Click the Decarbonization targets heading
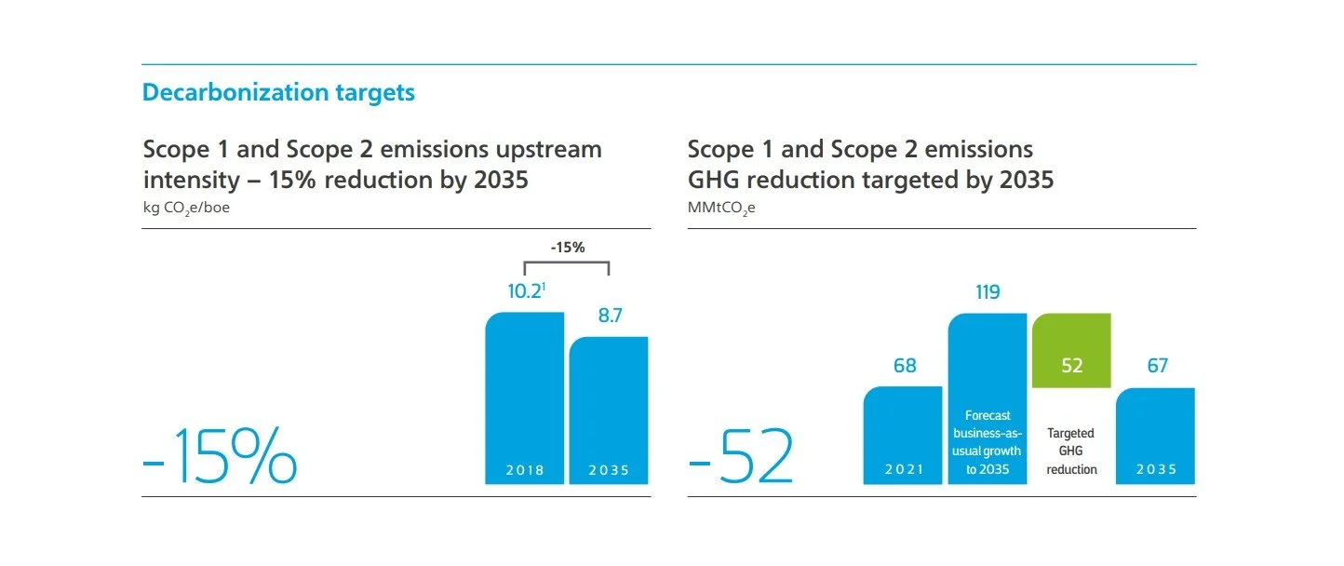click(x=278, y=93)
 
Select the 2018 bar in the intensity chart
click(x=525, y=400)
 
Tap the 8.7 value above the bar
click(x=610, y=316)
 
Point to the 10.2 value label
click(x=524, y=291)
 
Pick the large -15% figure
click(x=220, y=456)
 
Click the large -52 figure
click(x=741, y=456)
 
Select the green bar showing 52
click(x=1071, y=350)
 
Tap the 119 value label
click(x=988, y=292)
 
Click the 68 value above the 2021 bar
click(x=905, y=366)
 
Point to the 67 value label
click(x=1157, y=366)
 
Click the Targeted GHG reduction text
click(x=1071, y=451)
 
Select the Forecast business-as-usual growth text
click(x=988, y=442)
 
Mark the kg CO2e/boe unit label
click(x=186, y=209)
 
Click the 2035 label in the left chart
click(x=609, y=470)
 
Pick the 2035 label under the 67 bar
click(x=1155, y=470)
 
